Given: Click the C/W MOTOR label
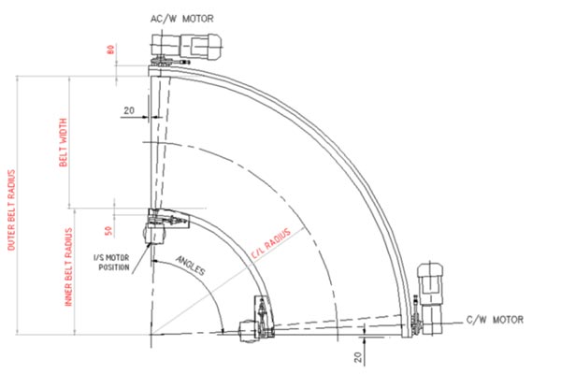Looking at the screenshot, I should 495,320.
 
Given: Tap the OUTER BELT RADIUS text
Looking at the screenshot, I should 12,210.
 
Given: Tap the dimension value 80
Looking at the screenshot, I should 109,52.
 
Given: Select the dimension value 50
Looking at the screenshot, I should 109,228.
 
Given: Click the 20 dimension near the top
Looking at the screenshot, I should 129,109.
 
